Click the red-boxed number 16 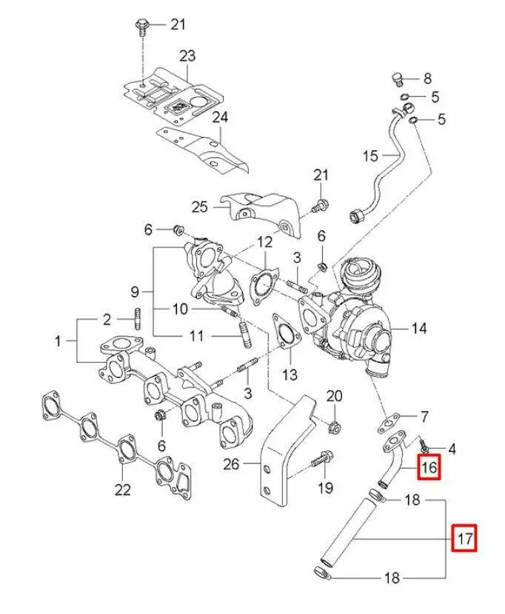(x=429, y=468)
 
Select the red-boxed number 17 (x=465, y=538)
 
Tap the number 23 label (x=187, y=56)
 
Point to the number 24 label (x=221, y=117)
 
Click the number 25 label (x=200, y=207)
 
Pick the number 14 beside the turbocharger (x=419, y=327)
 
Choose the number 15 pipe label (x=370, y=156)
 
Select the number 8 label (x=427, y=79)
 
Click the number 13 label (x=290, y=375)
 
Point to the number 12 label (x=264, y=241)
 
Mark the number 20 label (x=335, y=395)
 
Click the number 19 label (x=326, y=487)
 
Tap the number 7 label (x=424, y=416)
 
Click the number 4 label (x=452, y=448)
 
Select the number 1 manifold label (x=58, y=341)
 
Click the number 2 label (x=107, y=320)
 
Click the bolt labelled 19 (x=318, y=460)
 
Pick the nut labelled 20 (x=334, y=427)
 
